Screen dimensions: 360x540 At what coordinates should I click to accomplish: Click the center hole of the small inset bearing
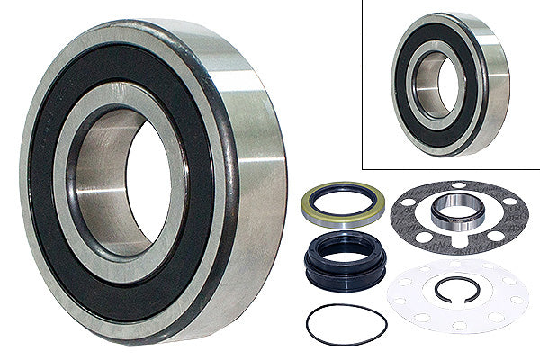(x=434, y=85)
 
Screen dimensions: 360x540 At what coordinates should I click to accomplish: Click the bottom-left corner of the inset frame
(x=362, y=168)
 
